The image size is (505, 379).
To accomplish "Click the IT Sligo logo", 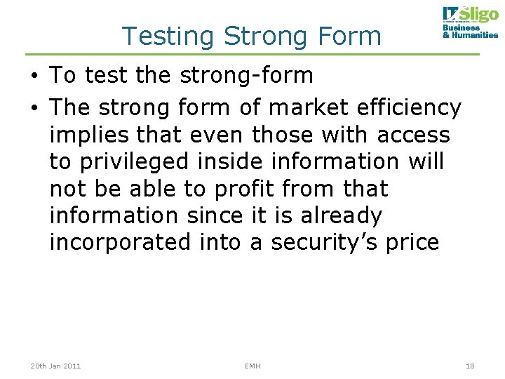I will [x=469, y=15].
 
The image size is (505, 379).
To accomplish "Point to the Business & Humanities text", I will [x=469, y=32].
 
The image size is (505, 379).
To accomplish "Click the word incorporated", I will [x=120, y=242].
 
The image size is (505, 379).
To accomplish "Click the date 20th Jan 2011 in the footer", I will [x=56, y=366].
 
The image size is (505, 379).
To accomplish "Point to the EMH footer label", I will [x=252, y=366].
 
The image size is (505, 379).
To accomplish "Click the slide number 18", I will [x=470, y=366].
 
